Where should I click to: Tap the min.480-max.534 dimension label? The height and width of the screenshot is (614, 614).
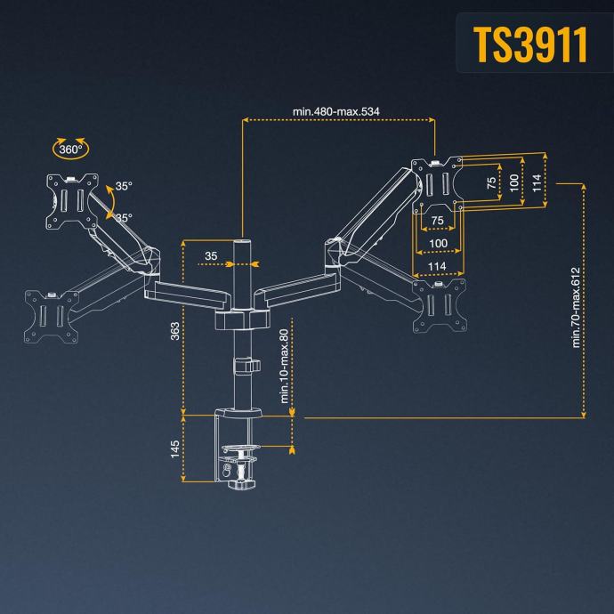click(338, 112)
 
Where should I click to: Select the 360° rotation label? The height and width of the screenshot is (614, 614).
click(70, 149)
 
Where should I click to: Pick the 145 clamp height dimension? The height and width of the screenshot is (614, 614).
click(174, 448)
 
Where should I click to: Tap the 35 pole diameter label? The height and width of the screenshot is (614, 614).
click(211, 256)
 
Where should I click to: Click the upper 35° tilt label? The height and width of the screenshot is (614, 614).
click(124, 187)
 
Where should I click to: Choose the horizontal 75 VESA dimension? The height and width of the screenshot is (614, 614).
click(438, 221)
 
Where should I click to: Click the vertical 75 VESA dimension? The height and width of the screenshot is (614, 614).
click(491, 182)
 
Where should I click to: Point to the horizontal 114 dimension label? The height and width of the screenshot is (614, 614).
click(437, 266)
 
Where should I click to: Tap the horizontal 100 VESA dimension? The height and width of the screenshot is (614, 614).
click(438, 243)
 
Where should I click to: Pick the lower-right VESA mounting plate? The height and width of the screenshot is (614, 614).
click(440, 303)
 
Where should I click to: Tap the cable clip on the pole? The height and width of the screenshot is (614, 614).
click(244, 366)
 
